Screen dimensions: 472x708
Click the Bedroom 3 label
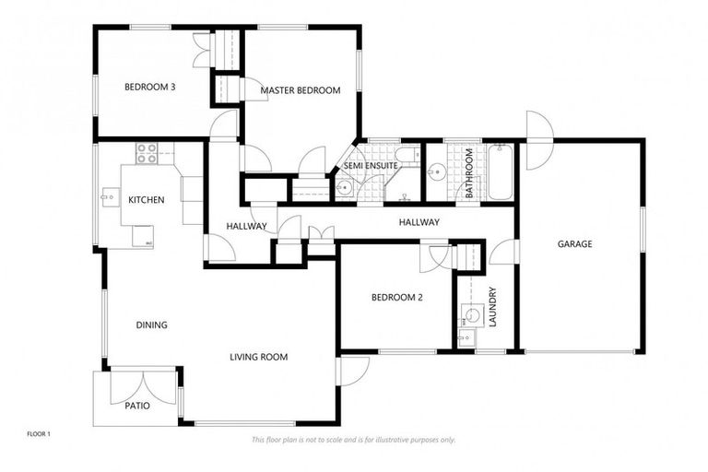(150, 88)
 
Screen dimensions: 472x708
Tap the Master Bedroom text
(300, 90)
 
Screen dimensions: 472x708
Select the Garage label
(574, 244)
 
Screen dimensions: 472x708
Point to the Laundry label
(493, 307)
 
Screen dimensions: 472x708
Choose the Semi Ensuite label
(371, 165)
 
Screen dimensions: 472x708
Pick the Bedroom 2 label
(396, 297)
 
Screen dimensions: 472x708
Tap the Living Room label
(259, 357)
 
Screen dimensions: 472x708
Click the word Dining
(151, 324)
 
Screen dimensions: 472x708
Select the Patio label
(137, 405)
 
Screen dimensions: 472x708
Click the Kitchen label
(146, 200)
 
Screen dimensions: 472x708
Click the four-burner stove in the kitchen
(147, 153)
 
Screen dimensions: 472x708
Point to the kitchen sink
(110, 195)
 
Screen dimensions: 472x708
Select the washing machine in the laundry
(472, 315)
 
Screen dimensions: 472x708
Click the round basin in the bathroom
(435, 171)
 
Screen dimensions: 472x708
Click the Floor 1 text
(38, 432)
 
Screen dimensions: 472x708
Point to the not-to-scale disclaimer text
(353, 440)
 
